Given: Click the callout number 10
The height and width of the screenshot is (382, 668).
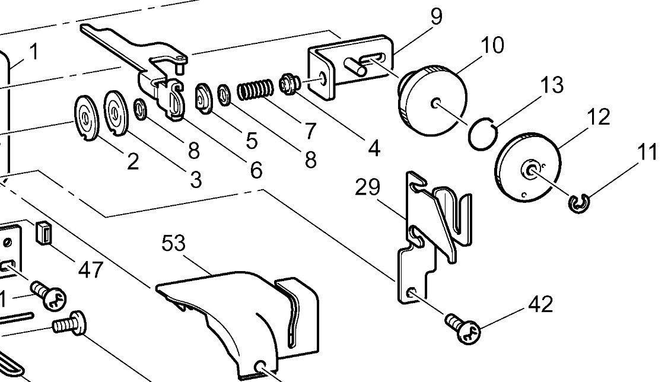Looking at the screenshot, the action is pos(492,45).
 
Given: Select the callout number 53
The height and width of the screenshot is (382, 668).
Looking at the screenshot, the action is pos(174,244).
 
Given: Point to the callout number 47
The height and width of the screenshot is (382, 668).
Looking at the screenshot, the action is pos(91,269).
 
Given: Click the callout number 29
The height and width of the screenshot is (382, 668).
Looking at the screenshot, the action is pos(368,187).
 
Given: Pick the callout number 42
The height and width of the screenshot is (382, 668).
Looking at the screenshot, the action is pos(540,305).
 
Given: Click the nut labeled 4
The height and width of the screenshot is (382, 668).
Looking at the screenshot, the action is pos(288,83).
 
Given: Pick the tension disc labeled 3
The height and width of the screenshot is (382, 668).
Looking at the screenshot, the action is pos(116,113).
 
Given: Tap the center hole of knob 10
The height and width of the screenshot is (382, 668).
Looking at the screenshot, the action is pos(435,103).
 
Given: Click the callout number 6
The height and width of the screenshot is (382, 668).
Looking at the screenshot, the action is pos(256,170).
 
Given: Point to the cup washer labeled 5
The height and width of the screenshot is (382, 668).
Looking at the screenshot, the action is pos(203,99).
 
